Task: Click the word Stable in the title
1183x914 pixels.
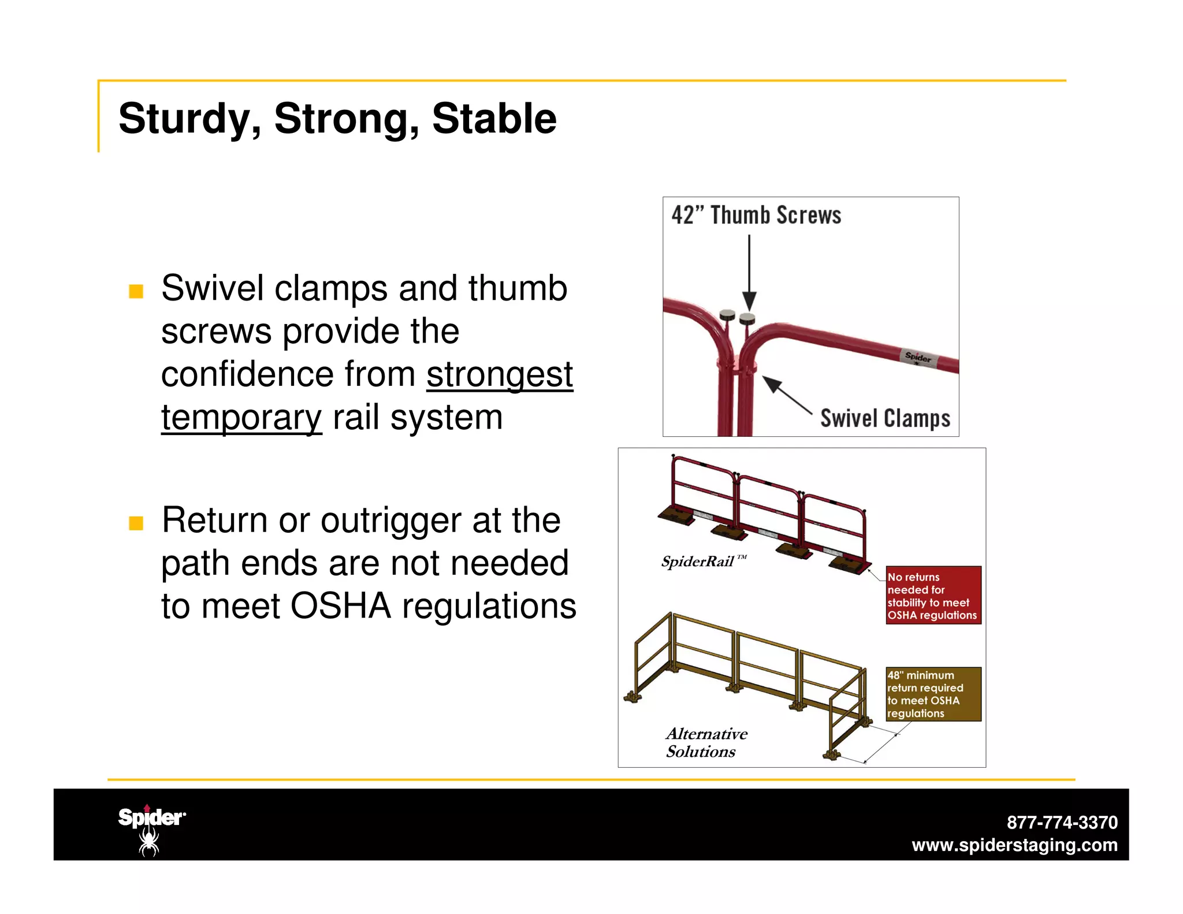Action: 494,119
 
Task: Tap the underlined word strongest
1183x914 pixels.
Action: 500,374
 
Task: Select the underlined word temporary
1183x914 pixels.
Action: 241,418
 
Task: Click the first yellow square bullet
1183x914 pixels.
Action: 136,291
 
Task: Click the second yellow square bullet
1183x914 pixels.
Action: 136,523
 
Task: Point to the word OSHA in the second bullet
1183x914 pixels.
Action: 340,606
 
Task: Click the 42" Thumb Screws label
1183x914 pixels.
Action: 756,215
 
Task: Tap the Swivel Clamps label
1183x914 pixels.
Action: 885,418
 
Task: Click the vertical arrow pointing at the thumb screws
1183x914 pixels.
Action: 749,272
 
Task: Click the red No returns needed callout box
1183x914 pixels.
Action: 933,595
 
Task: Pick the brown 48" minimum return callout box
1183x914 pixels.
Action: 933,694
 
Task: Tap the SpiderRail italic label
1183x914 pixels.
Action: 699,562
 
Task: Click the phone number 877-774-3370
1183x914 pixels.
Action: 1062,822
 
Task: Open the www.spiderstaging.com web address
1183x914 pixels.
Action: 1014,845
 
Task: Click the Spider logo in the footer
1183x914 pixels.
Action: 151,830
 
